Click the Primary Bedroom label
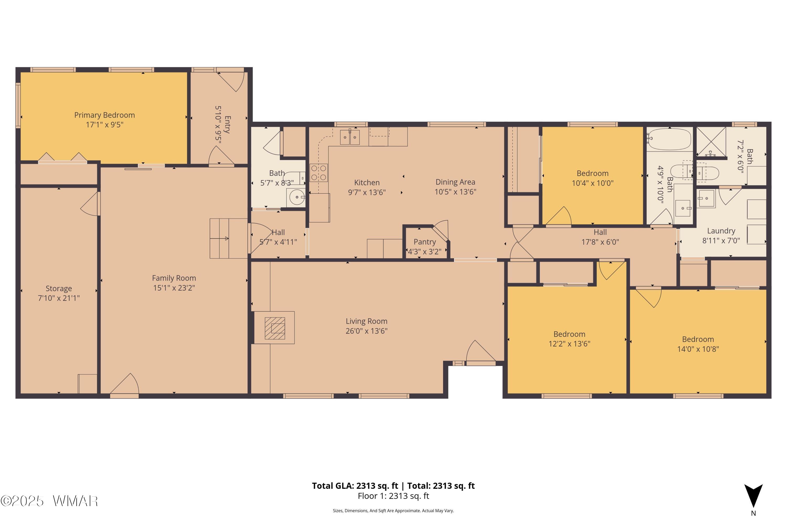tap(104, 115)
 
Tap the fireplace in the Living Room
tap(275, 328)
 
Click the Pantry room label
tap(425, 242)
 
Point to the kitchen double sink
tap(350, 137)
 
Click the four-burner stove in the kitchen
tap(318, 173)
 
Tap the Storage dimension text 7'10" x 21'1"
tap(59, 298)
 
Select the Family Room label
tap(174, 278)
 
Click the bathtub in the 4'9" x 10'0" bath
tap(669, 139)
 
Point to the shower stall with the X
tap(711, 142)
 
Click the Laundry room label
tap(721, 231)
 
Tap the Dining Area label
tap(455, 182)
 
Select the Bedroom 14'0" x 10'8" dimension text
tap(698, 349)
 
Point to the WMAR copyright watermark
tap(49, 501)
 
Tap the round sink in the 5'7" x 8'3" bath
tap(296, 197)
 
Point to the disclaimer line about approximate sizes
tap(393, 511)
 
